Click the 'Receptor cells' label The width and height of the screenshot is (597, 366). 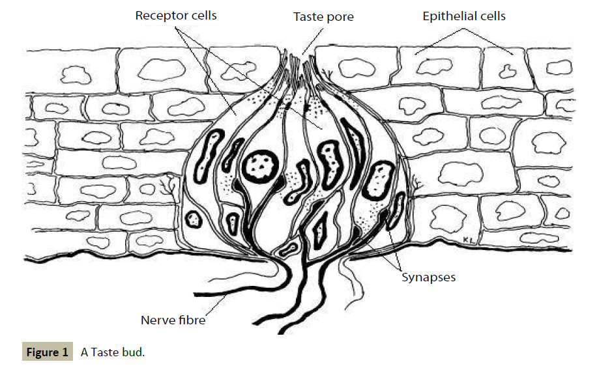point(176,15)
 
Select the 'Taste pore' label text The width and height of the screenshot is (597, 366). point(323,17)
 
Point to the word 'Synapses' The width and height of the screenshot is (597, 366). point(428,277)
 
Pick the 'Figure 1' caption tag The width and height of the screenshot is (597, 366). point(46,352)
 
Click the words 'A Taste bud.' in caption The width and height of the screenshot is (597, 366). point(113,352)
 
